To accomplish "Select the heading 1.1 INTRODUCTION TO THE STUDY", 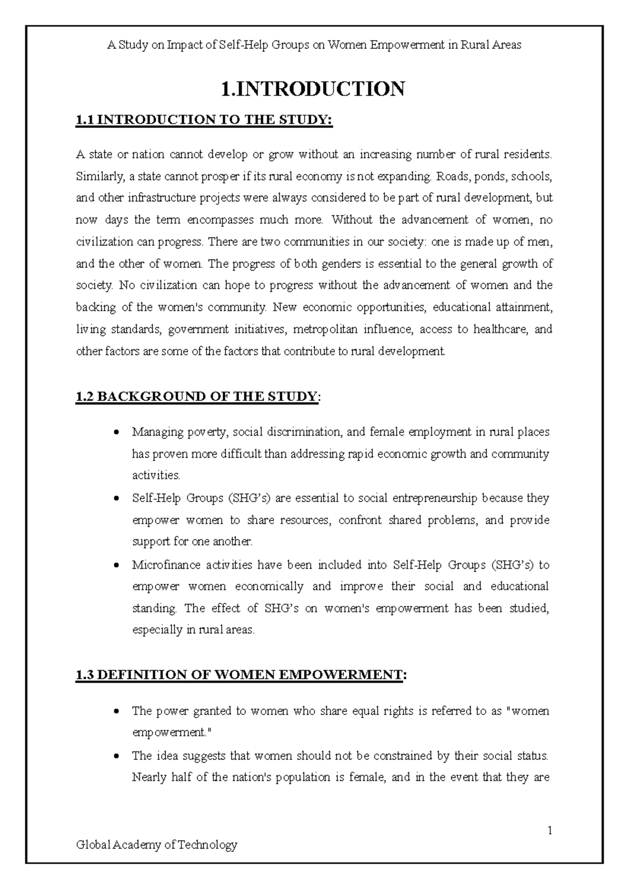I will (204, 120).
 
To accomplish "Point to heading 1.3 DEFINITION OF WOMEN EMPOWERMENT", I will (241, 675).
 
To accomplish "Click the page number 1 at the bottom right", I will (550, 830).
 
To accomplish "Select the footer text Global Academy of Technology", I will (157, 844).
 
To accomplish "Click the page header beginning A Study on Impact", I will (314, 45).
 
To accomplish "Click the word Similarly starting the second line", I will (98, 176).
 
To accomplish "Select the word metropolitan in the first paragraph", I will (325, 330).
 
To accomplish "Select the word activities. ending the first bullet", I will (156, 475).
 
